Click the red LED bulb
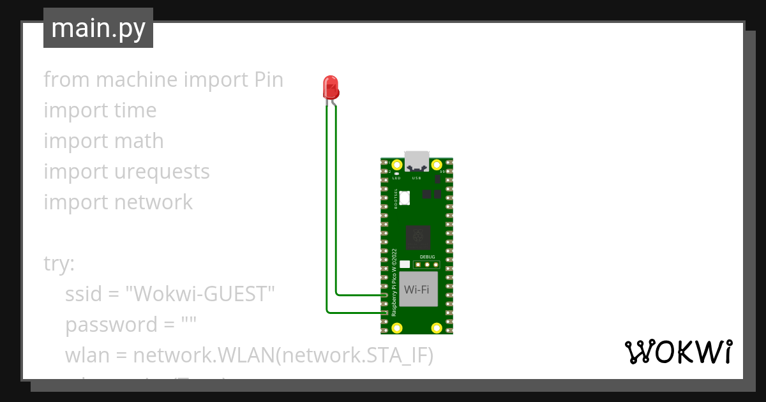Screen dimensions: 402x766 pos(331,87)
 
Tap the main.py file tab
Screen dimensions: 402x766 pos(98,28)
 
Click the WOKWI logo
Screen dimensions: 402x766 pos(677,352)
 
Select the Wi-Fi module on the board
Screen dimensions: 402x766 pos(417,289)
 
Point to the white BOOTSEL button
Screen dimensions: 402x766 pos(404,198)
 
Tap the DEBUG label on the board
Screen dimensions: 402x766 pos(427,257)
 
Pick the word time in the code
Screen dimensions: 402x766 pos(135,110)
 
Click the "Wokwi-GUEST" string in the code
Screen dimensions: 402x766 pos(200,294)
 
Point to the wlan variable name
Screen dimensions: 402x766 pos(87,355)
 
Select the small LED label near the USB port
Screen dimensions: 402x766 pos(396,179)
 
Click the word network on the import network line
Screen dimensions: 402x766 pos(153,202)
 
